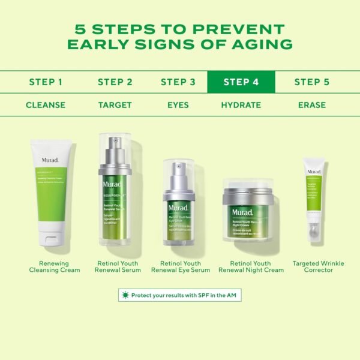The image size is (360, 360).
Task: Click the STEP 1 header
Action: [46, 82]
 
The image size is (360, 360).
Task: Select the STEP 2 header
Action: [115, 82]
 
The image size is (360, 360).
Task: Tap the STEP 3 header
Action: [178, 82]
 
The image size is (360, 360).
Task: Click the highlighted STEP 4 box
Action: [241, 82]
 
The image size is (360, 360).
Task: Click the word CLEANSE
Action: [46, 105]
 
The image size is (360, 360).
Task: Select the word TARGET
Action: [115, 105]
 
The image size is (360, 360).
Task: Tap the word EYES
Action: [178, 105]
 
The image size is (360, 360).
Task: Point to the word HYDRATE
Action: [241, 105]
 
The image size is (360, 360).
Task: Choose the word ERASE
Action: [312, 105]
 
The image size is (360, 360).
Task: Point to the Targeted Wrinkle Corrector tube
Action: [314, 198]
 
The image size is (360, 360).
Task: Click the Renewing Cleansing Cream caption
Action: [55, 267]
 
